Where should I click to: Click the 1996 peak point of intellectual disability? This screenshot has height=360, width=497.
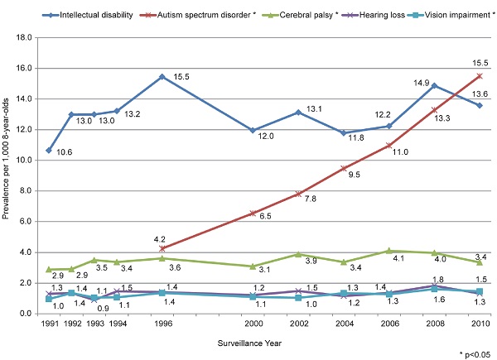[162, 76]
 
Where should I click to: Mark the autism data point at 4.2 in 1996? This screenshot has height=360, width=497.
[162, 248]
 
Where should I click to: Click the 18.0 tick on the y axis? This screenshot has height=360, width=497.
[25, 37]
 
